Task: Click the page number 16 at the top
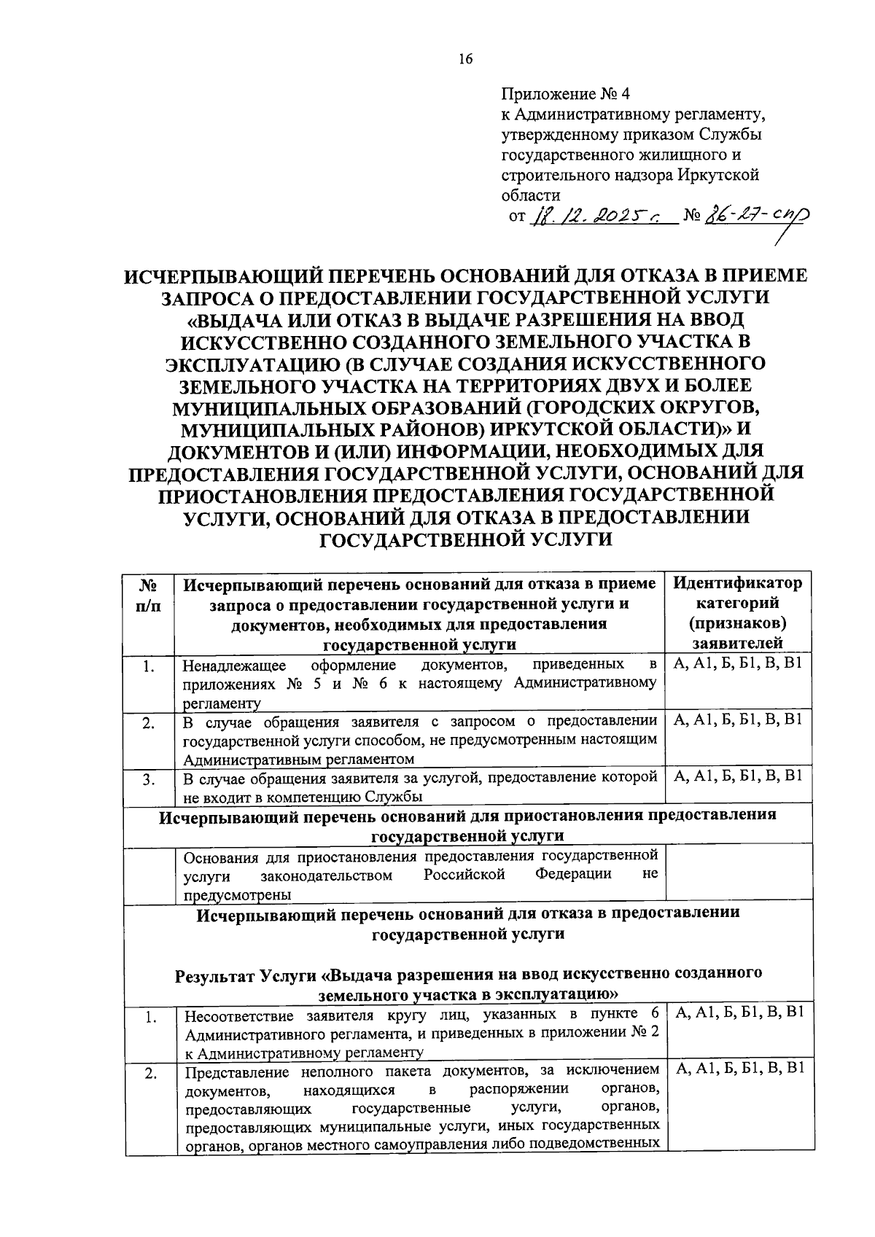click(x=466, y=60)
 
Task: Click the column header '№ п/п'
click(x=149, y=595)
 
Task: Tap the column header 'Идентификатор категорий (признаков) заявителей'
click(x=737, y=613)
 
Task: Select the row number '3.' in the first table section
click(x=149, y=779)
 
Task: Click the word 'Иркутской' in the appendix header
click(x=718, y=175)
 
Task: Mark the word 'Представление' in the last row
click(x=238, y=1072)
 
